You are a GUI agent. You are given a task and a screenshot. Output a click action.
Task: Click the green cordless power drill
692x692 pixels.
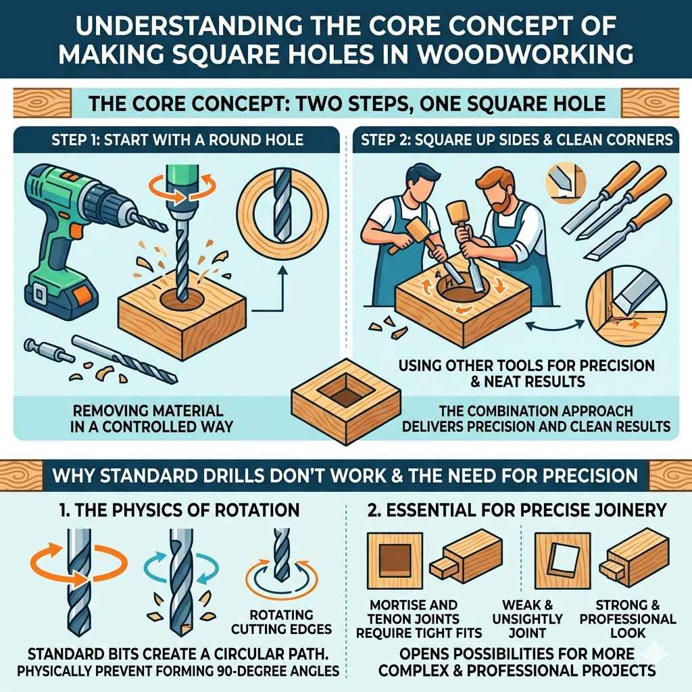68,223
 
